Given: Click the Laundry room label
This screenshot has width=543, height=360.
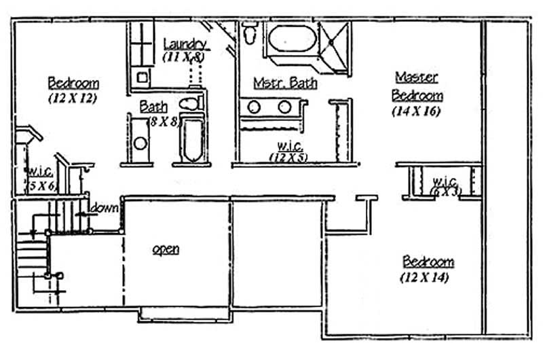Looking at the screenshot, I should [x=185, y=43].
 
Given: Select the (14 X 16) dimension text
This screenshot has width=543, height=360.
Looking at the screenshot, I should [x=416, y=112].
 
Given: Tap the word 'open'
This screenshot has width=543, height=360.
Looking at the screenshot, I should [x=166, y=249].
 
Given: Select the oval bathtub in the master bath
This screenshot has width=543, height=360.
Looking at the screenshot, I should [x=293, y=39].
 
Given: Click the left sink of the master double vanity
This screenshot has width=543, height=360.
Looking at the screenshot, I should [x=255, y=107].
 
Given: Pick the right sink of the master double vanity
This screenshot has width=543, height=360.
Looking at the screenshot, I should [x=285, y=107].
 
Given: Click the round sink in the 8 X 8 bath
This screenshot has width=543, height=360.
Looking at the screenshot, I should [x=141, y=143].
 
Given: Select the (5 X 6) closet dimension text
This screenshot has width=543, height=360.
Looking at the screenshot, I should [x=40, y=185].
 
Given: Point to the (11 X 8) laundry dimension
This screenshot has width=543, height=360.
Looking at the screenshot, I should [x=184, y=57].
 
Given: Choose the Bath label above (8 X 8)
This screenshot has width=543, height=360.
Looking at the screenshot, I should [x=154, y=107].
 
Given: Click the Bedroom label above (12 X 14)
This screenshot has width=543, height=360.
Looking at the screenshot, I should [x=428, y=262].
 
